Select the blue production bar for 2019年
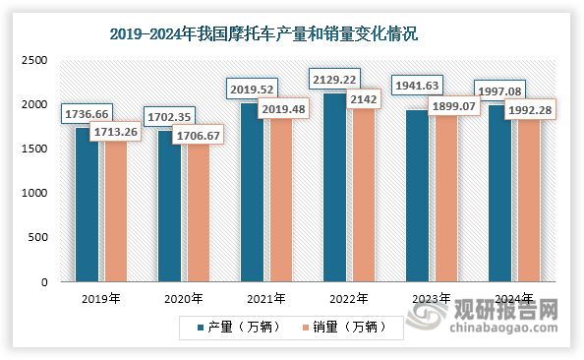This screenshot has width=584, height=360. click(x=88, y=211)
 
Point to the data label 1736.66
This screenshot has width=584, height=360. click(x=88, y=115)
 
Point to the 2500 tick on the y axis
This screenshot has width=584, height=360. click(x=35, y=60)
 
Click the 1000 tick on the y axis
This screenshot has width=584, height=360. click(x=35, y=194)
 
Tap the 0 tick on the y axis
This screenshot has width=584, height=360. click(x=44, y=282)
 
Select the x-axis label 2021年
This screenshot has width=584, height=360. click(x=265, y=298)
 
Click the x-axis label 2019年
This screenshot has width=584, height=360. click(x=101, y=298)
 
